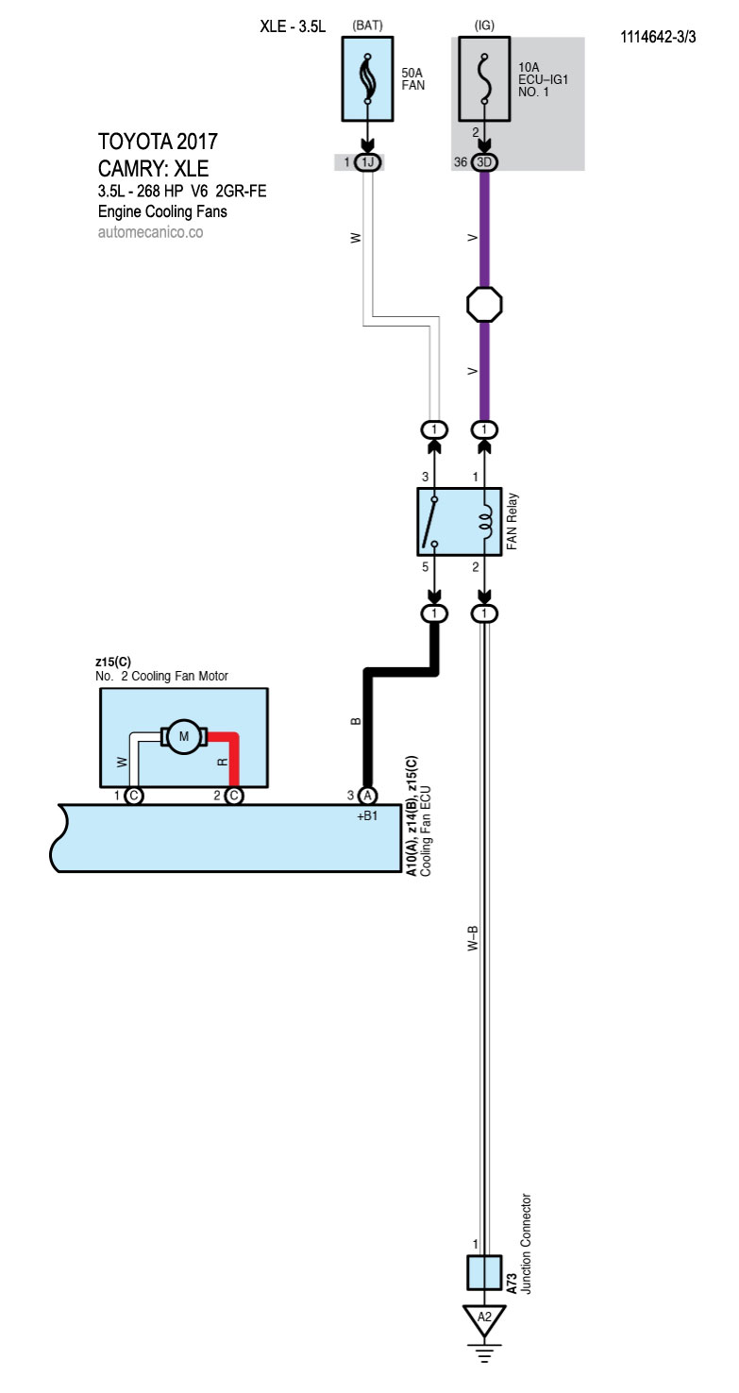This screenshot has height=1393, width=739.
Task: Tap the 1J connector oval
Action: tap(367, 162)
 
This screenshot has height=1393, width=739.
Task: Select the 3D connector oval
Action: tap(484, 162)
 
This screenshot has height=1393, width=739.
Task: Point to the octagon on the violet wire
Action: tap(484, 304)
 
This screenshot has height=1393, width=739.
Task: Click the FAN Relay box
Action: tap(460, 522)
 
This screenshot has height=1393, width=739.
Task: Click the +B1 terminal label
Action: tap(367, 816)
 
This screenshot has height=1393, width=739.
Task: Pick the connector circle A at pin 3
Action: tap(368, 796)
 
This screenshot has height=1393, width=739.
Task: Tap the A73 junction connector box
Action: tap(484, 1272)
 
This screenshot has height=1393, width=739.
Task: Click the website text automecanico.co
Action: tap(150, 231)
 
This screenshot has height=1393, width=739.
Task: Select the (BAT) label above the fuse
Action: tap(366, 25)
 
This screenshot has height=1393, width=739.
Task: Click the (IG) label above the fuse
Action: tap(484, 25)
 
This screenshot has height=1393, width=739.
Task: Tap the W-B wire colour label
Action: tap(474, 939)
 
